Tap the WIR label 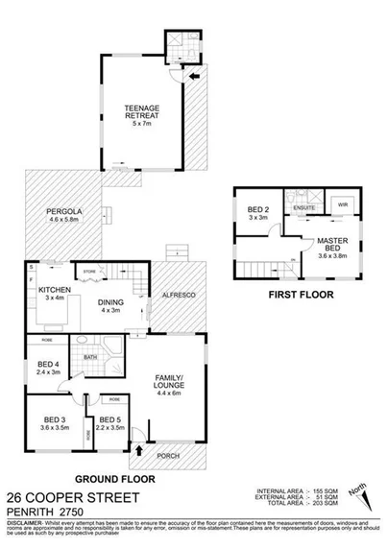tap(342, 204)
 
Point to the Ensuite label tap(305, 204)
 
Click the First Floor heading tap(300, 296)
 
